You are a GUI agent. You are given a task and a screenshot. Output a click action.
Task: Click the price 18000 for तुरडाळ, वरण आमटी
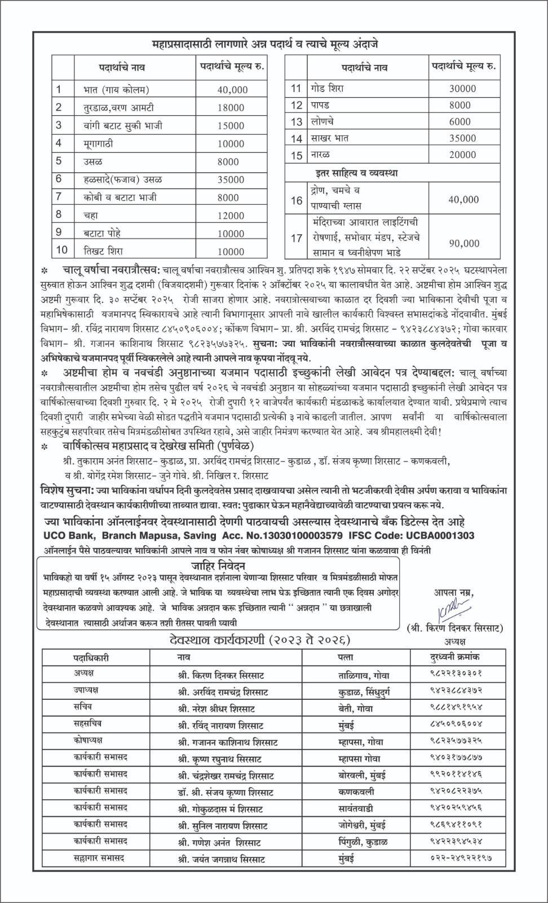point(231,108)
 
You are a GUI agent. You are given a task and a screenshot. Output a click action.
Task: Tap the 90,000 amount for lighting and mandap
point(463,243)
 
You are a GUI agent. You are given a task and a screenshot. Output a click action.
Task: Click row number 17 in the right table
point(297,238)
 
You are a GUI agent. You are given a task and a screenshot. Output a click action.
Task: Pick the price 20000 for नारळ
point(462,155)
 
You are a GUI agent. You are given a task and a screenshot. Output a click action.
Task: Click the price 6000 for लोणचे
point(460,121)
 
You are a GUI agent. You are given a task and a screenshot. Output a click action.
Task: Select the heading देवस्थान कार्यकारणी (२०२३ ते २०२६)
point(260,640)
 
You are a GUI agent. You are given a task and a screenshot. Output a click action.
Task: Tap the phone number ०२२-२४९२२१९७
point(458,858)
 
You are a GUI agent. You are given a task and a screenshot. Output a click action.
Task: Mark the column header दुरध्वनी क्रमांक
point(454,657)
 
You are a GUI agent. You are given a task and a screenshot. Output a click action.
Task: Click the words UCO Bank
point(63,535)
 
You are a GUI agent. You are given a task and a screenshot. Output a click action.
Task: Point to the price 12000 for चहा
point(231,216)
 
